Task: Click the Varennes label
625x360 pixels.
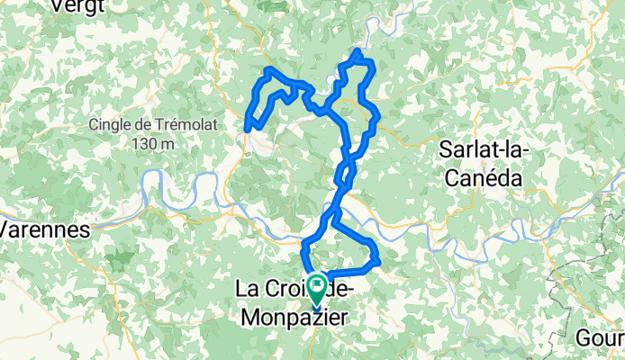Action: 44,229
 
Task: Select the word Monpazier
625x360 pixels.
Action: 293,317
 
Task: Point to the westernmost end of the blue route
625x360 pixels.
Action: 248,130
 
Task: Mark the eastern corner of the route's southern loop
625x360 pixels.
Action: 378,263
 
